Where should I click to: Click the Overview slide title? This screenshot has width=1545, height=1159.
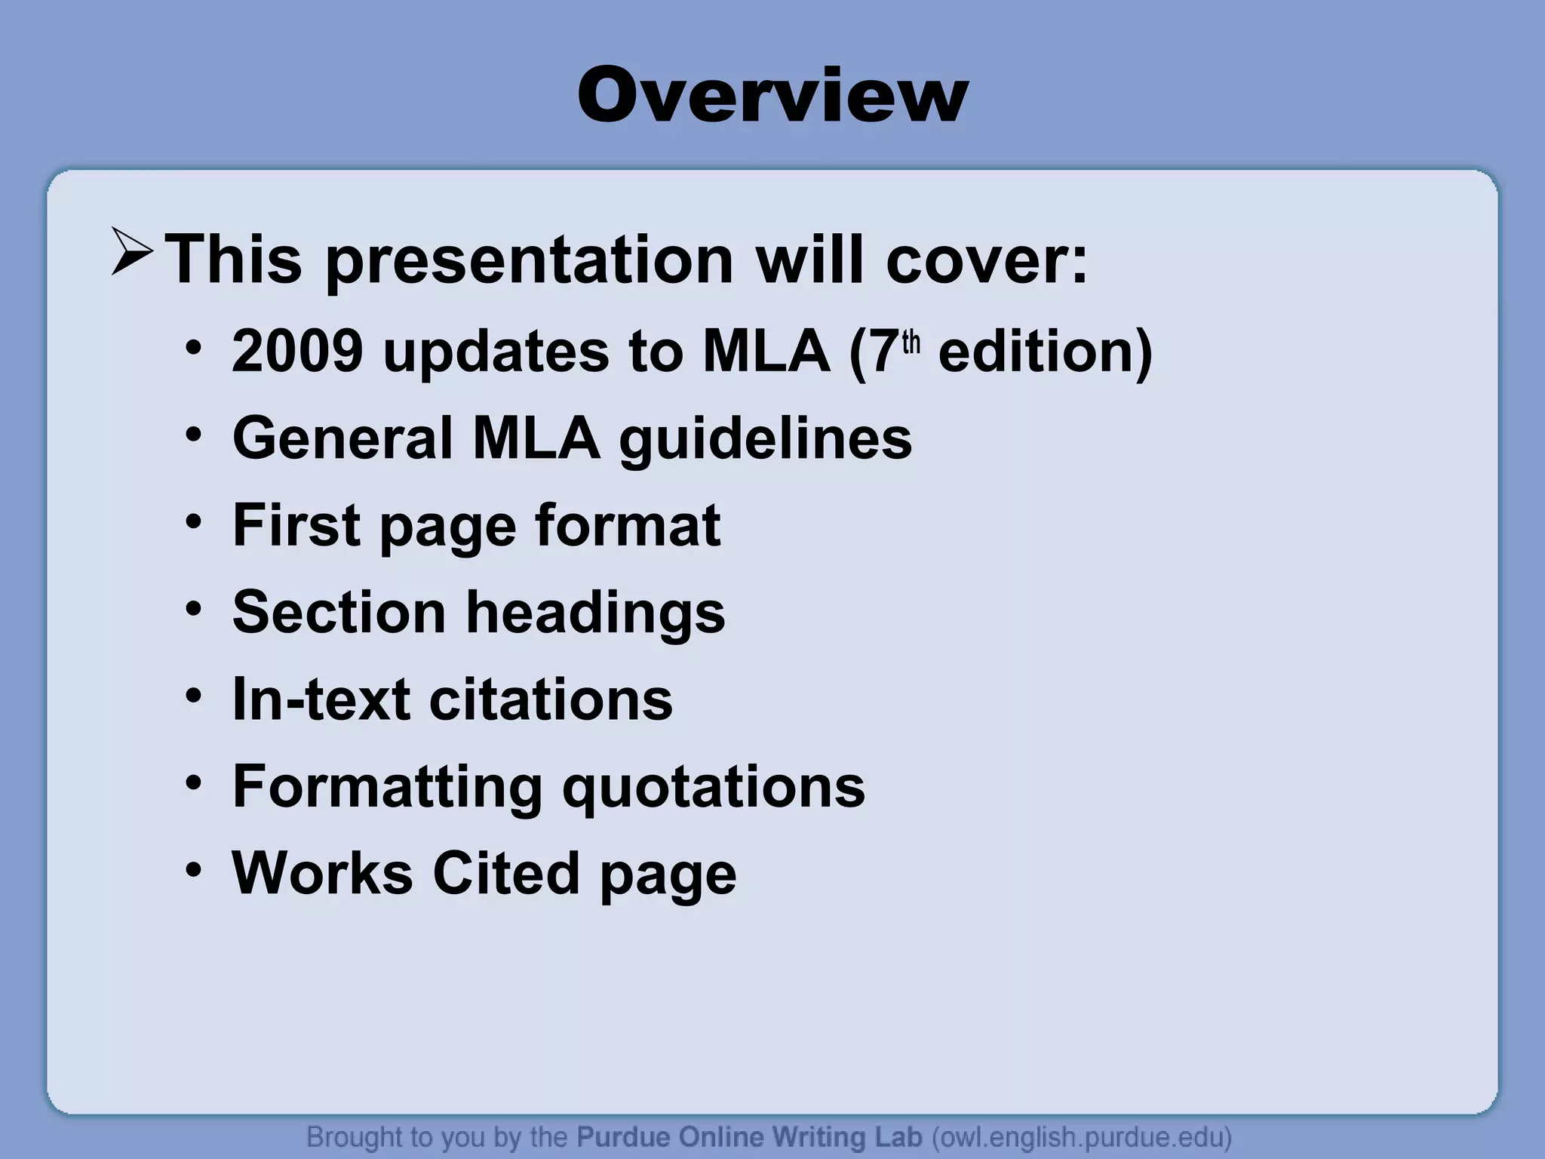772,96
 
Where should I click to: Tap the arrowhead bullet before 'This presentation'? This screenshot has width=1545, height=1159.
133,251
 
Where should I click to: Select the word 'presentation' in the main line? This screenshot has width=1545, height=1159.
529,260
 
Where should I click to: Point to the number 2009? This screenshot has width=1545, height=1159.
297,351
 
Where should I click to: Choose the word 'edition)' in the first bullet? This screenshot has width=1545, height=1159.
1045,351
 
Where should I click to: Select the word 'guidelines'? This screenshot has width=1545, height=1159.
766,439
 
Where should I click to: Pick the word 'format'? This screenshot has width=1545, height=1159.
627,525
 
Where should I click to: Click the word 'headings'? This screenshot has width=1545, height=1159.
595,613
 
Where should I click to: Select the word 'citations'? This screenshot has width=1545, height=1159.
551,699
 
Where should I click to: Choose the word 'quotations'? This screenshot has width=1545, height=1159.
714,787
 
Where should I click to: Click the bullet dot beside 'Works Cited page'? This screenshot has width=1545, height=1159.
194,870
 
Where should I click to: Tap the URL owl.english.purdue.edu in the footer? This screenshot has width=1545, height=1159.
1081,1136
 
